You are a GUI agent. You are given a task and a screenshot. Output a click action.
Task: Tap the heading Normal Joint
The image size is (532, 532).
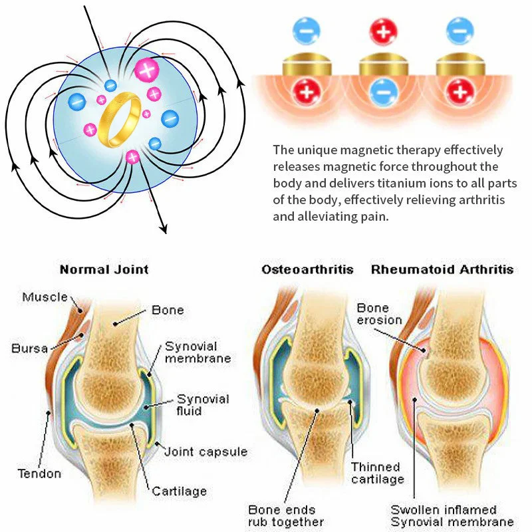coord(104,270)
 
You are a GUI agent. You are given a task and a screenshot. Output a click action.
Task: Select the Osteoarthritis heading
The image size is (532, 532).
coord(307,270)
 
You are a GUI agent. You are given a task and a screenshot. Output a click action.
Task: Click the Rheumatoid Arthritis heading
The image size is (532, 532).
coord(442,270)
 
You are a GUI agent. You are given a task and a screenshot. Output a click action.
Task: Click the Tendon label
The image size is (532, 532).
coord(39,473)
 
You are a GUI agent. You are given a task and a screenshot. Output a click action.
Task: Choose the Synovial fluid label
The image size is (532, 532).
coord(202,405)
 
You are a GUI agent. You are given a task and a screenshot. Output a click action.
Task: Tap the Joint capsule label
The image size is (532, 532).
coord(205,452)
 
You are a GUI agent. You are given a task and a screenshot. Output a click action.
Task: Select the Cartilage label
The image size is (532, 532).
coord(179,491)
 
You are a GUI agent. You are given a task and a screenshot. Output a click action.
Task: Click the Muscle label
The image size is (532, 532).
coord(45,297)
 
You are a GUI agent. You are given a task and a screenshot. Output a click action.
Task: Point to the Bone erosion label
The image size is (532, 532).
coord(379,314)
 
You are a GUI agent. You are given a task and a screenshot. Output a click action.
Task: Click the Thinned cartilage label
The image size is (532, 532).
coord(376,473)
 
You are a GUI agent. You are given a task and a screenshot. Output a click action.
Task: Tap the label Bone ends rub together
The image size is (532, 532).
coord(285,515)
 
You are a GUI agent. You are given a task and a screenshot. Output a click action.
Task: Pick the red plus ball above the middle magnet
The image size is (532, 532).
coord(383,29)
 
